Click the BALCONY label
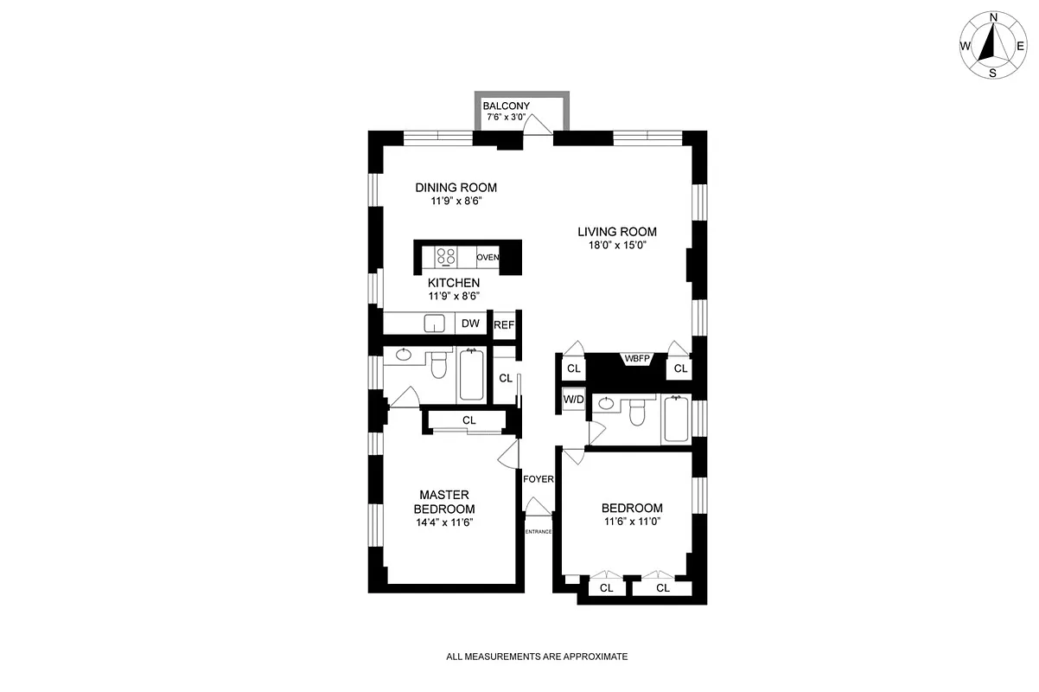coord(506,106)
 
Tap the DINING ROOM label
coord(456,188)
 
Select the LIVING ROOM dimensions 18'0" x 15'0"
coord(617,246)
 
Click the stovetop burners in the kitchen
coord(446,256)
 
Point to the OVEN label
coord(488,257)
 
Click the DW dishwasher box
coord(470,324)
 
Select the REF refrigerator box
coord(504,325)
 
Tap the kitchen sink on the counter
coord(435,324)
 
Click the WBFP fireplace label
coord(635,358)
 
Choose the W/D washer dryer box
coord(572,400)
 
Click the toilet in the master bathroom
coord(438,366)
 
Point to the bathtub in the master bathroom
coord(472,374)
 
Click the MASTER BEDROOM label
coord(444,502)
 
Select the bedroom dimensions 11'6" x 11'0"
coord(632,522)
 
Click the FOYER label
coord(538,479)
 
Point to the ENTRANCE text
coord(538,531)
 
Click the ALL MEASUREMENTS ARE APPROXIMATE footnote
coord(537,657)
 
